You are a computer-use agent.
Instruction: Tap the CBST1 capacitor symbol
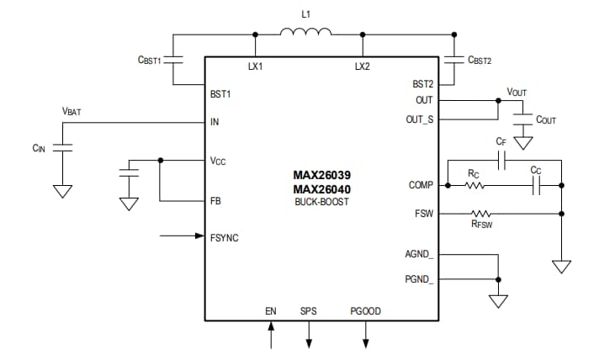[x=173, y=61]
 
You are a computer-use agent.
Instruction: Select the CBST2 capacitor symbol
[x=453, y=61]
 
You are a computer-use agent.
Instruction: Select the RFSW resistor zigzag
[x=481, y=214]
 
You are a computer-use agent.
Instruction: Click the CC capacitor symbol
[x=536, y=185]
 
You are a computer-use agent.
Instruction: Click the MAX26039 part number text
[x=322, y=176]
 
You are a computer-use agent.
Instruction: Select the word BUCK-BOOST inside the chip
[x=322, y=203]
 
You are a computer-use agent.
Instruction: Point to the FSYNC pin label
[x=224, y=238]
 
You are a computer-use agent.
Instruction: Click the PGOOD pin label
[x=365, y=311]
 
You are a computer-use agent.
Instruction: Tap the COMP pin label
[x=420, y=185]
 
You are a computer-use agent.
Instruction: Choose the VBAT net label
[x=72, y=111]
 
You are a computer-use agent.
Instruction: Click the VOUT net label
[x=518, y=91]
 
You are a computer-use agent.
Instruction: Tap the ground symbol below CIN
[x=62, y=191]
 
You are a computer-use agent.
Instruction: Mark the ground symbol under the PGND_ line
[x=500, y=300]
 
